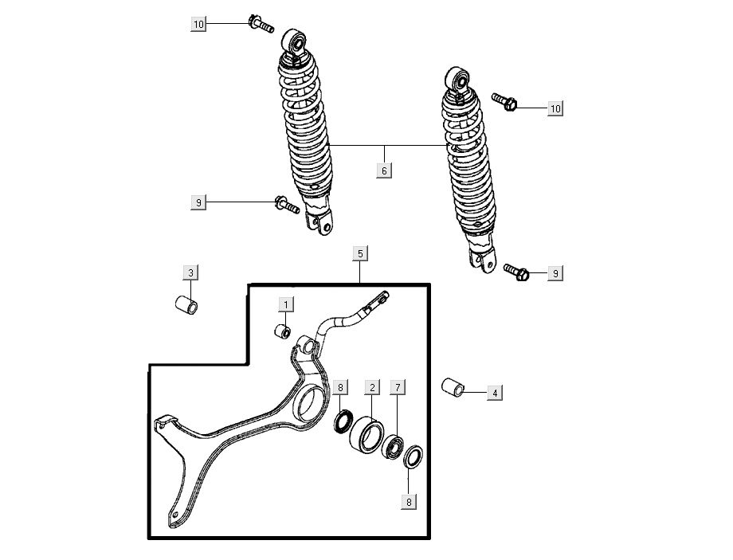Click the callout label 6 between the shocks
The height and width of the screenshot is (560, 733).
[x=384, y=170]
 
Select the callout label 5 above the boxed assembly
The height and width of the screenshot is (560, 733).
[x=360, y=254]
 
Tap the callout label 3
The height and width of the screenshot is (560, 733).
[x=190, y=272]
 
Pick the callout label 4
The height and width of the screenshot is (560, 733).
[x=495, y=393]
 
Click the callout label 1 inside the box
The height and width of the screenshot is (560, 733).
[x=286, y=305]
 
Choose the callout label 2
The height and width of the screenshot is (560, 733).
[x=372, y=387]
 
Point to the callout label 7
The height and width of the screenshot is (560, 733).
[x=398, y=387]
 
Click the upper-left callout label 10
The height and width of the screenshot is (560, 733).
[x=198, y=24]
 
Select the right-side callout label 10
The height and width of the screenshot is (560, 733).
[x=555, y=108]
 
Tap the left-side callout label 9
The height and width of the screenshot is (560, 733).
[x=198, y=202]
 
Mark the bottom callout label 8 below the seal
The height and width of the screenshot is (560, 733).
[x=409, y=502]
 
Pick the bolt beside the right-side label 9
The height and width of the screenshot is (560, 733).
[x=516, y=272]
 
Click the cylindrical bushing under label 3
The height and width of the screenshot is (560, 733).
[x=186, y=304]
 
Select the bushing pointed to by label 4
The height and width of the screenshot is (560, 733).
[x=453, y=387]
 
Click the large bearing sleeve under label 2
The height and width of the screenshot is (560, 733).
[x=367, y=435]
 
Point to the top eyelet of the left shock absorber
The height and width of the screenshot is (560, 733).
[x=295, y=41]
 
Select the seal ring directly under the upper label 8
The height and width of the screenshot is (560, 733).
[x=344, y=421]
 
